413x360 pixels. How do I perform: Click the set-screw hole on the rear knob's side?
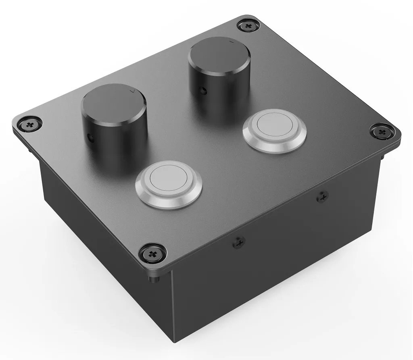(204, 89)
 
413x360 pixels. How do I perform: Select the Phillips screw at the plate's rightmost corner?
(380, 131)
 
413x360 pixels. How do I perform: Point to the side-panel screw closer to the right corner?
(322, 197)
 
